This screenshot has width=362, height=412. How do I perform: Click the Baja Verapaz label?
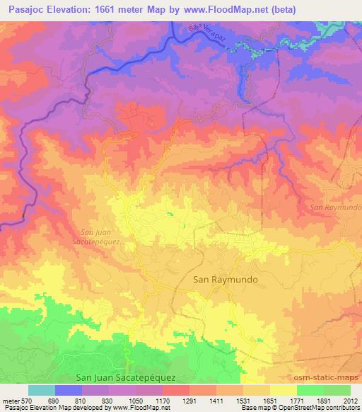click(x=211, y=36)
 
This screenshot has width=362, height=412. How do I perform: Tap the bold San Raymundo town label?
click(x=226, y=280)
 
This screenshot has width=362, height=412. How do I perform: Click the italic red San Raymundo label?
click(x=336, y=207)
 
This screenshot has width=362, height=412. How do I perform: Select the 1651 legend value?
click(x=269, y=401)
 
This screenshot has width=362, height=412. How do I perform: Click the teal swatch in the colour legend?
click(x=42, y=390)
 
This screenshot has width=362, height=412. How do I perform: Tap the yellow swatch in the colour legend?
click(x=283, y=390)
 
